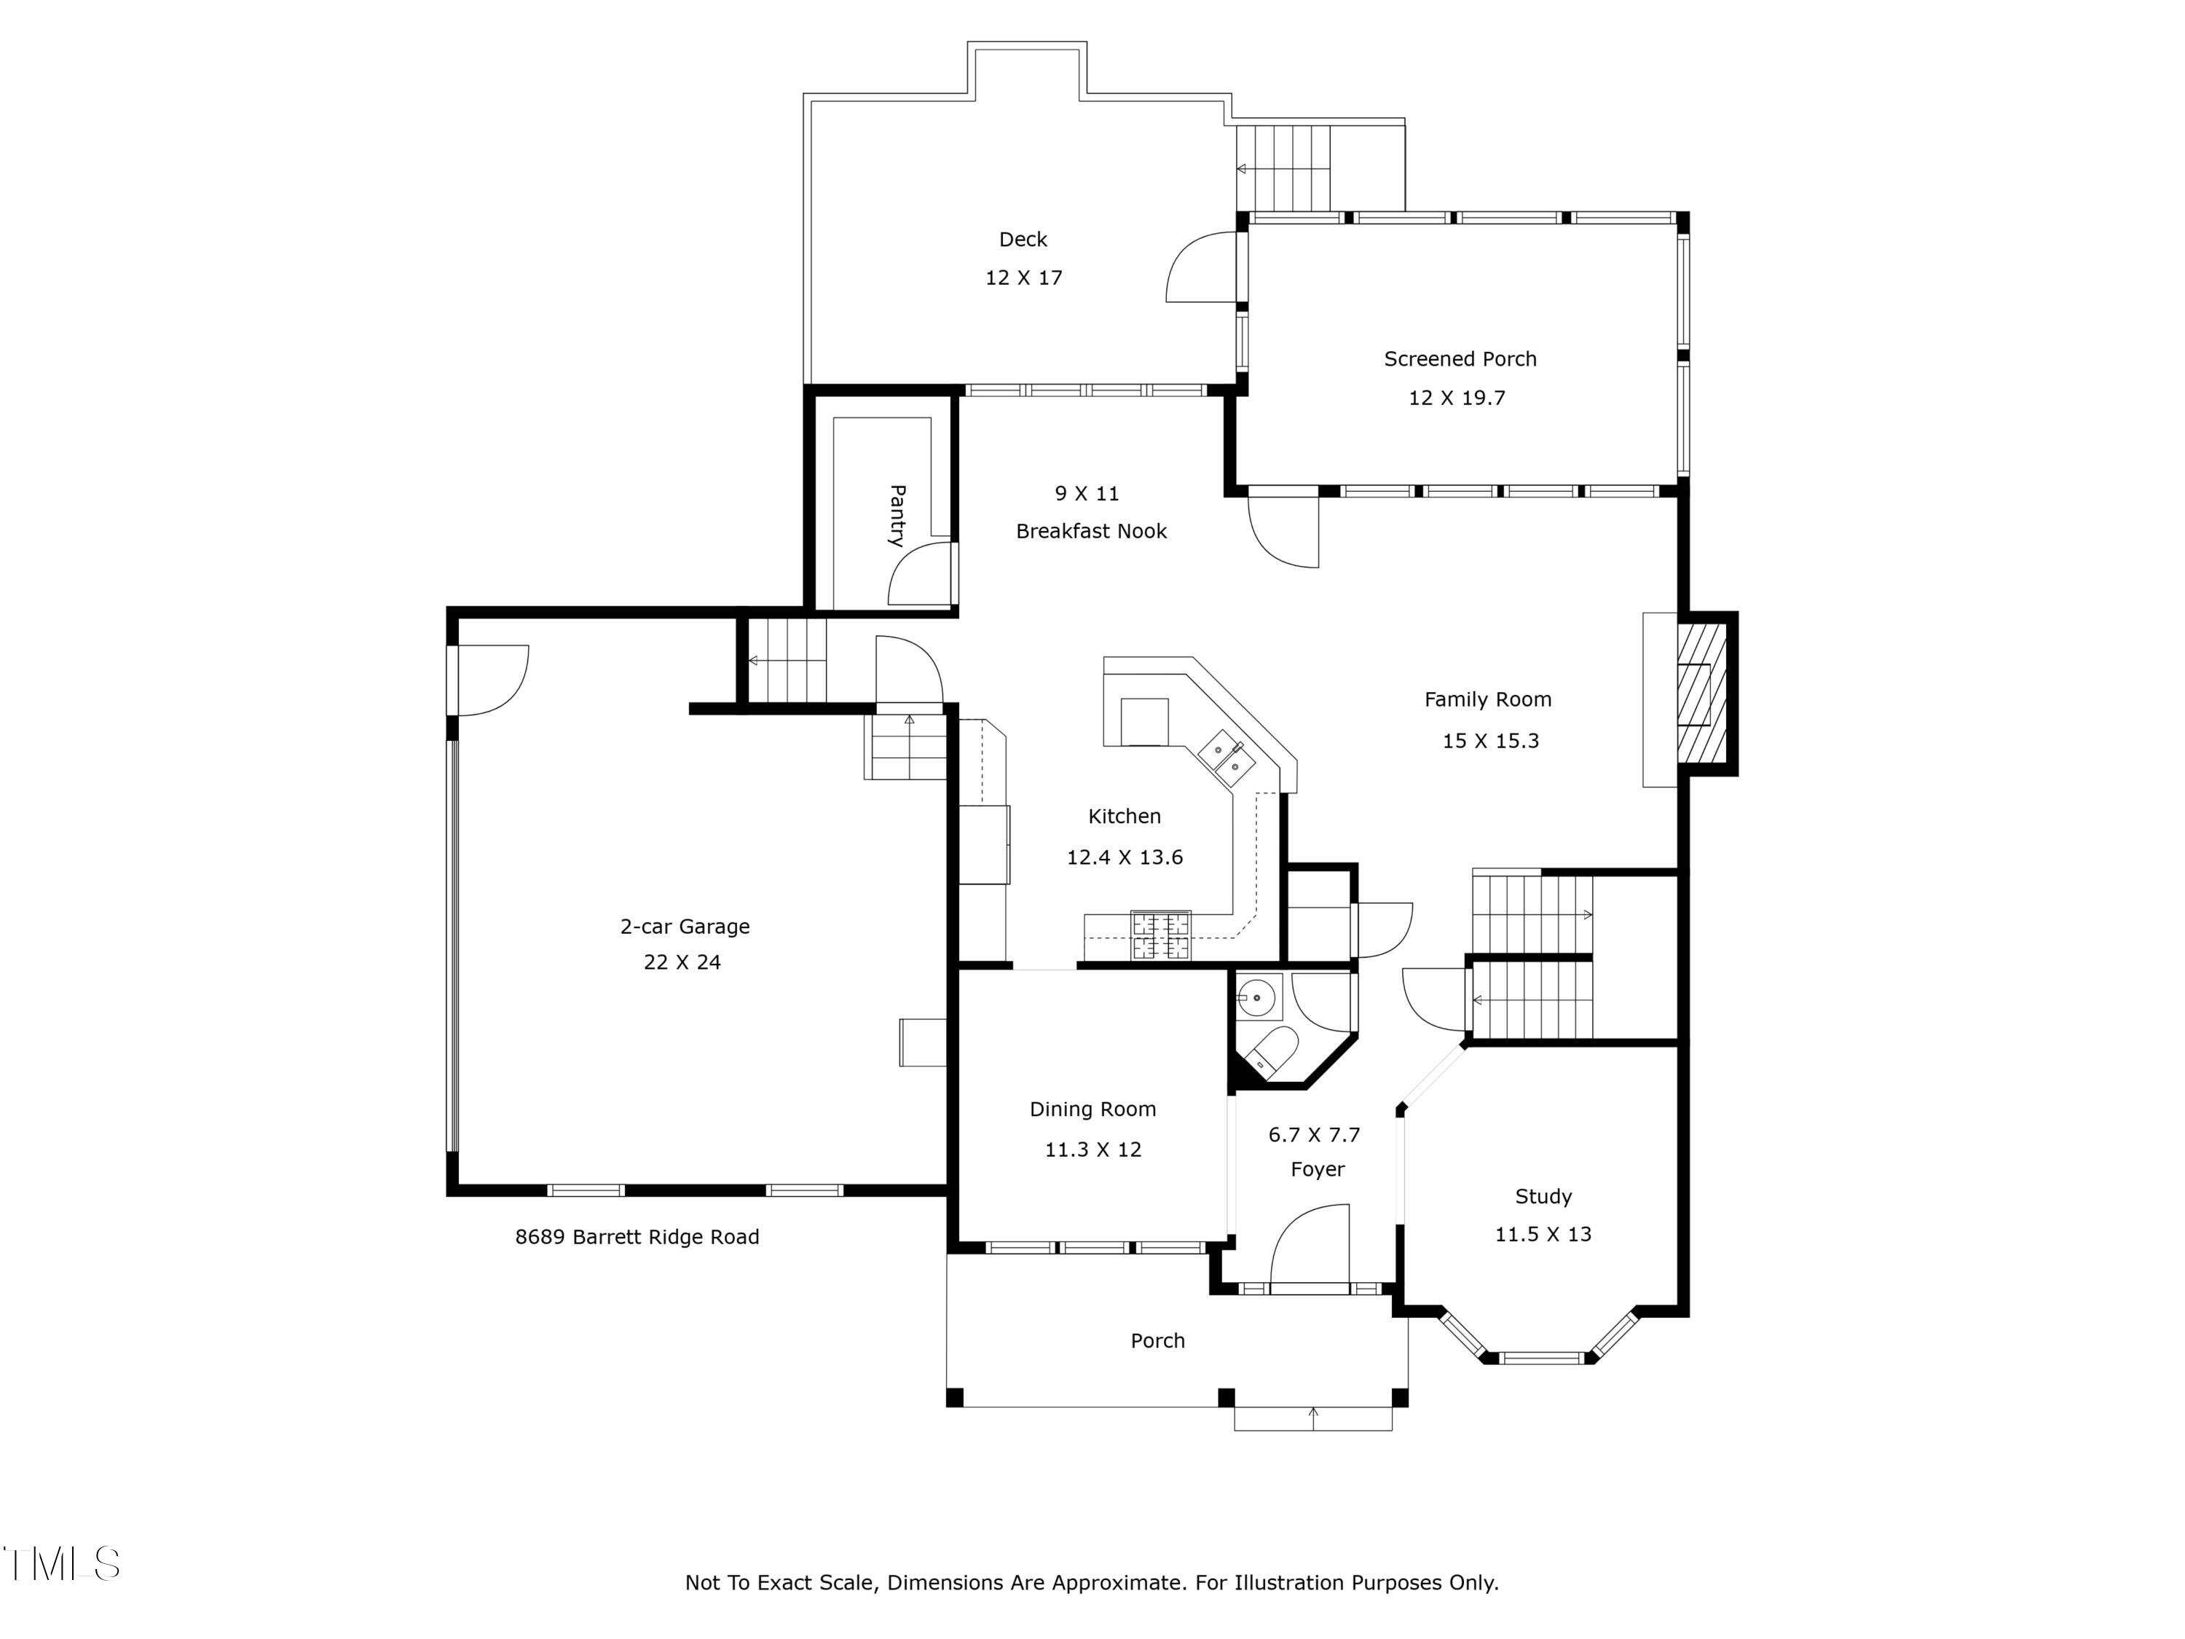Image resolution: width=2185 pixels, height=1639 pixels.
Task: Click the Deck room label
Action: pos(1023,239)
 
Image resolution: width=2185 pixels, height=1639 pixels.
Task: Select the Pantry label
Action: pos(897,516)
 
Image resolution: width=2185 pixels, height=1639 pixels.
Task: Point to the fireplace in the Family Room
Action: pos(1701,693)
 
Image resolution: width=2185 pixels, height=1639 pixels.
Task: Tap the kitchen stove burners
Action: pos(1161,935)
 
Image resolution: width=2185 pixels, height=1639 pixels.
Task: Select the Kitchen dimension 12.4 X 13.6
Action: pos(1124,857)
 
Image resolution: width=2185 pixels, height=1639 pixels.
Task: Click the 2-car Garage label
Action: pos(685,927)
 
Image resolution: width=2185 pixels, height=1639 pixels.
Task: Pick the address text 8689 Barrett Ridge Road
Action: pos(637,1237)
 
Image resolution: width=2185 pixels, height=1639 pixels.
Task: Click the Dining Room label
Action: pos(1092,1109)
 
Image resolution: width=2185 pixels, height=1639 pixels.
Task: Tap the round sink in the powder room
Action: pos(1256,998)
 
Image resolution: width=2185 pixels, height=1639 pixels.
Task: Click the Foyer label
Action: pos(1318,1170)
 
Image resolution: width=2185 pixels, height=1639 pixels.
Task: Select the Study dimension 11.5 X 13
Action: pos(1543,1234)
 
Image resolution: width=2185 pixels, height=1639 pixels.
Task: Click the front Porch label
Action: pos(1158,1340)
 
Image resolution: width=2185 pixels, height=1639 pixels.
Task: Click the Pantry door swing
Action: pos(921,573)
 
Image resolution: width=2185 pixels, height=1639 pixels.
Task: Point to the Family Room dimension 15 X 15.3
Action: pos(1491,741)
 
